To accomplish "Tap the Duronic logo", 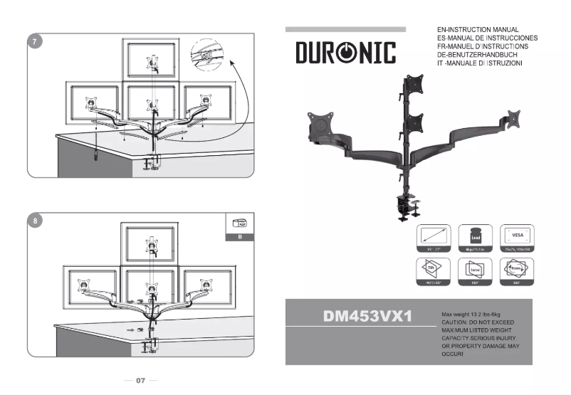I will point(345,53).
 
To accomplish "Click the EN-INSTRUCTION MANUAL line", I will point(478,30).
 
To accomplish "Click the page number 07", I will point(141,381).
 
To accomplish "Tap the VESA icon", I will point(516,236).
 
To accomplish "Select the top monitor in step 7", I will point(152,60).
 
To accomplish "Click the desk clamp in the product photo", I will point(407,205).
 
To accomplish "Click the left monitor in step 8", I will point(90,285).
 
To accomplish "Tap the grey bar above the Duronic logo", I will point(345,29).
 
